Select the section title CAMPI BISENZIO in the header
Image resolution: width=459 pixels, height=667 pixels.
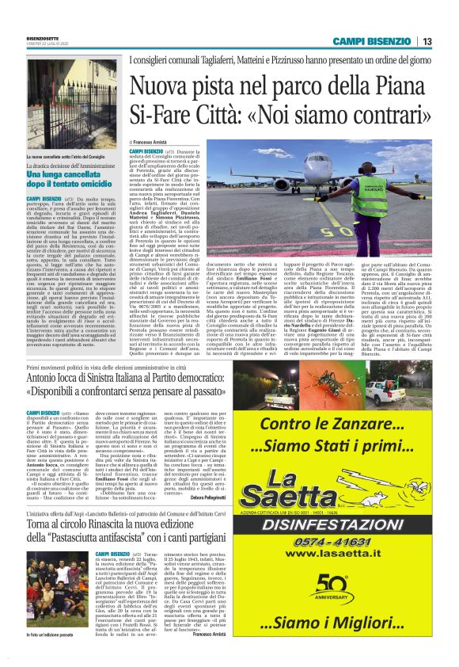tap(373, 41)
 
